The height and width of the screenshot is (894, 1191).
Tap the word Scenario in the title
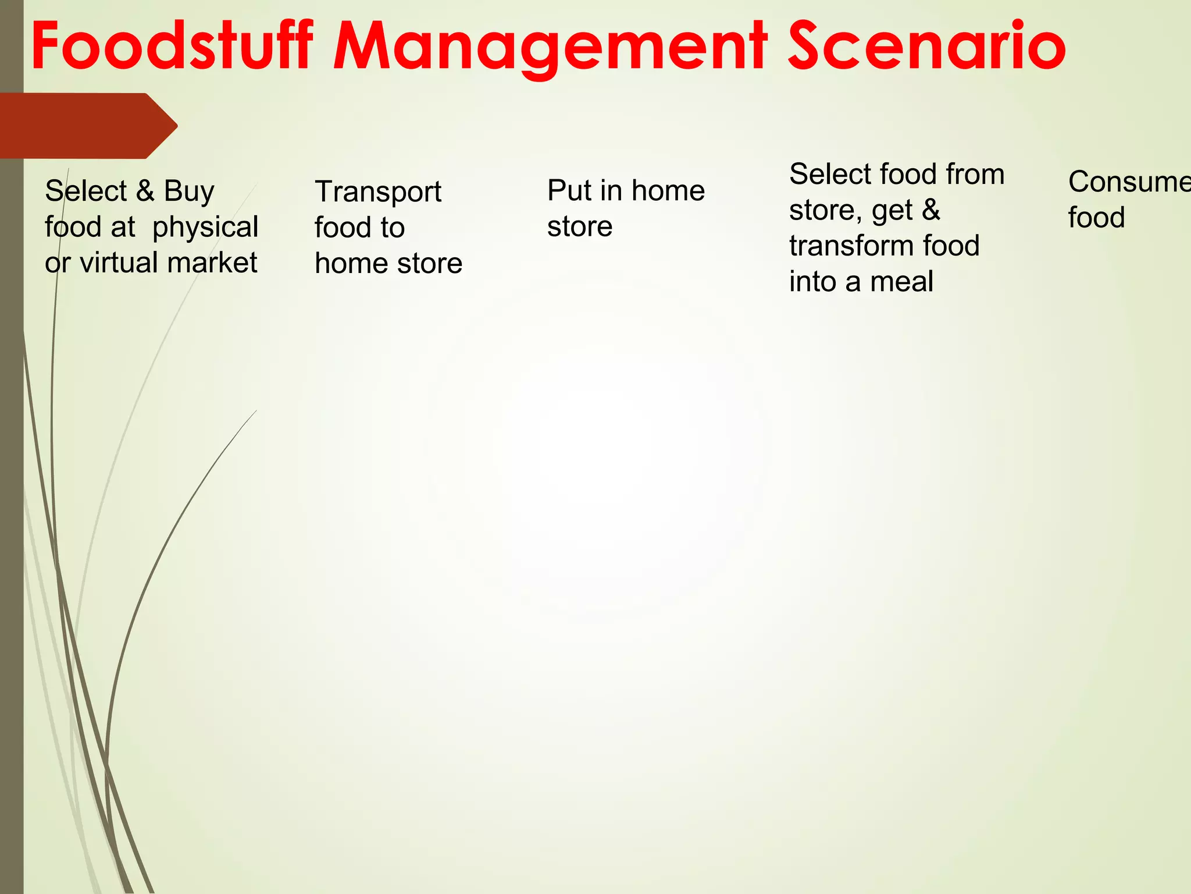tap(926, 47)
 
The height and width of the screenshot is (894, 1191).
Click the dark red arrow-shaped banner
tap(87, 126)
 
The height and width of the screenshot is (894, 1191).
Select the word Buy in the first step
tap(189, 191)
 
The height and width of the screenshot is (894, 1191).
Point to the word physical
tap(205, 228)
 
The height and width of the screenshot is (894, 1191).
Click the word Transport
tap(378, 192)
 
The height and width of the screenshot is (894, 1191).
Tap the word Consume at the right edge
tap(1128, 182)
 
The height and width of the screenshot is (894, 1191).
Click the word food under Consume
tap(1096, 218)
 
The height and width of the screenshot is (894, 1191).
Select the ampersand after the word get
tap(931, 210)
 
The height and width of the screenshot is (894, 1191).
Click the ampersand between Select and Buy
tap(145, 191)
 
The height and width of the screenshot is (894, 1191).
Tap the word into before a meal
tap(812, 282)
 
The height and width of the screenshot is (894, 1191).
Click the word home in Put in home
tap(668, 190)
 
